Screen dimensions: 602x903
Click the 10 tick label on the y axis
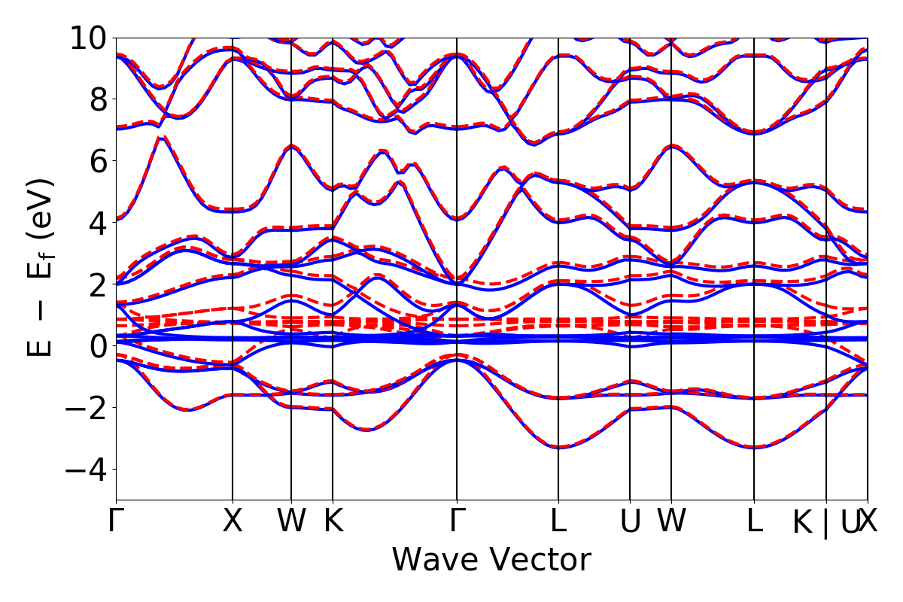pyautogui.click(x=88, y=38)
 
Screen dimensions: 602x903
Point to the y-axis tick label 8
pyautogui.click(x=97, y=99)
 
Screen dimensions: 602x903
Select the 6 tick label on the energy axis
pyautogui.click(x=97, y=161)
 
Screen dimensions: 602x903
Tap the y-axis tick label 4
pyautogui.click(x=97, y=223)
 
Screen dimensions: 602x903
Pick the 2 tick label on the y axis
pyautogui.click(x=97, y=284)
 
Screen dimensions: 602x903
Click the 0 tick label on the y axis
pyautogui.click(x=97, y=346)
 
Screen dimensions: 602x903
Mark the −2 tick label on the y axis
pyautogui.click(x=88, y=408)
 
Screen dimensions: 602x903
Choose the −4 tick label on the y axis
pyautogui.click(x=88, y=470)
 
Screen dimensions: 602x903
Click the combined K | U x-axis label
pyautogui.click(x=825, y=522)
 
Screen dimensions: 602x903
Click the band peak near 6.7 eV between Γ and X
pyautogui.click(x=160, y=138)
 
